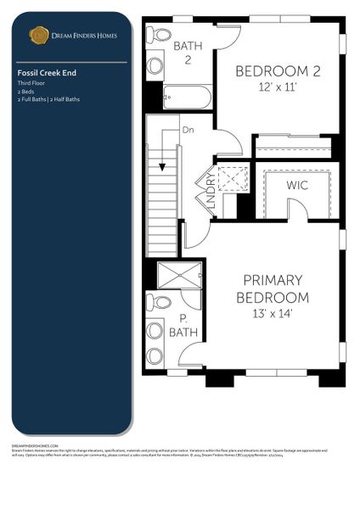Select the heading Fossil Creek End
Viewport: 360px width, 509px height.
[47, 74]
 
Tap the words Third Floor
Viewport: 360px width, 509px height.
[31, 83]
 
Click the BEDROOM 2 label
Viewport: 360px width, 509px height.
[278, 70]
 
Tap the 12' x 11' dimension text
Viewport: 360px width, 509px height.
[278, 86]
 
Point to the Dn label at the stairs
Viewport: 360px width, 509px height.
[188, 130]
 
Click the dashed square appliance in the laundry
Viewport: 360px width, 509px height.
[231, 179]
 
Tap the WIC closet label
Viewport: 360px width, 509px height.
[297, 185]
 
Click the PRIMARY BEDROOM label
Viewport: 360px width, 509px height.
[272, 288]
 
